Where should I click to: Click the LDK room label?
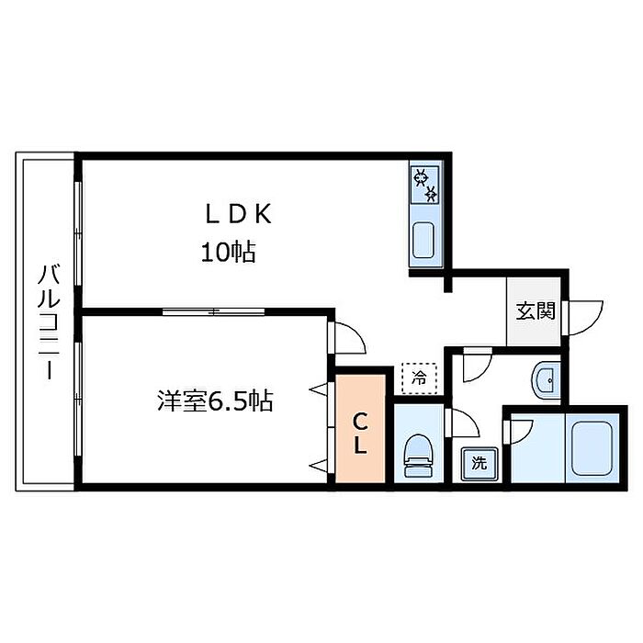pos(238,214)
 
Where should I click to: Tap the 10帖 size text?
pos(229,253)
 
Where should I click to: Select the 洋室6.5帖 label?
pos(215,401)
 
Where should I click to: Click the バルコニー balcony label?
pos(50,321)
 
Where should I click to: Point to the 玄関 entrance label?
pos(536,310)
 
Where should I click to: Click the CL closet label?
pos(360,434)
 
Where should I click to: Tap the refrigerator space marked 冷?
pos(419,378)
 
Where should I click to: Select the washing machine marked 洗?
pos(479,463)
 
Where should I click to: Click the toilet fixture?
pos(419,456)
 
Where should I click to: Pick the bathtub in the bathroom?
pos(592,448)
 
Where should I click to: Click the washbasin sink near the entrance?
pos(547,379)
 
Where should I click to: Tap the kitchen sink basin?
pos(423,241)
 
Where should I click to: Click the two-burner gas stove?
pos(424,185)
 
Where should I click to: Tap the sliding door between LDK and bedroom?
pos(213,312)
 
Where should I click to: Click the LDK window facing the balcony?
pos(78,232)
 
